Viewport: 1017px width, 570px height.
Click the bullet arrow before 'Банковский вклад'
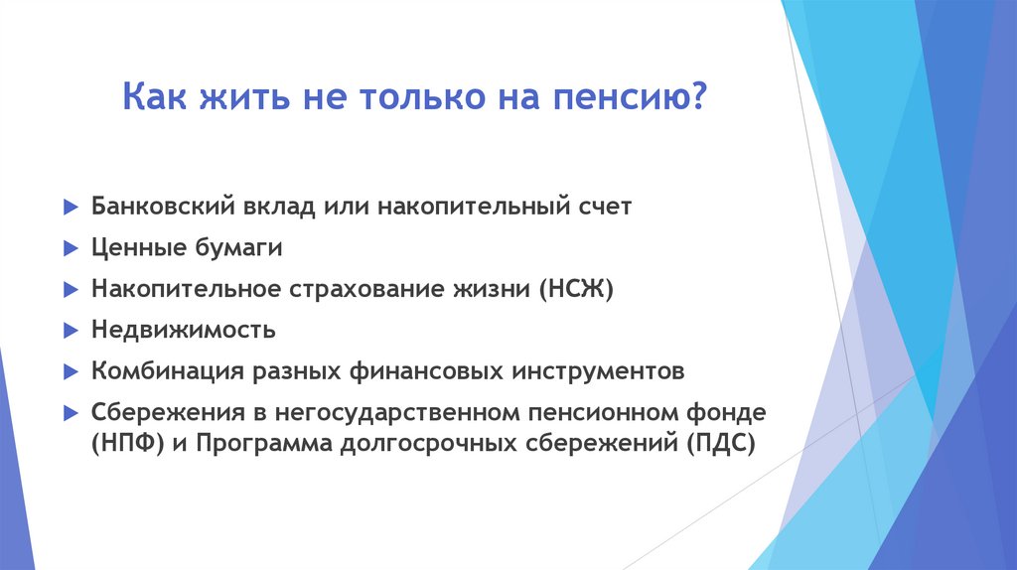coord(69,209)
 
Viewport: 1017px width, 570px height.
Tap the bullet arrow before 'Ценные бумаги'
coord(69,249)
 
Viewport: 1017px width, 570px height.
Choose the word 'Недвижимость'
coord(184,330)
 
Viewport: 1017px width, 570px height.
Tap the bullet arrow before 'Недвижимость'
coord(69,331)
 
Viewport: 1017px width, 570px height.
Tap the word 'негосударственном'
coord(388,411)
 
